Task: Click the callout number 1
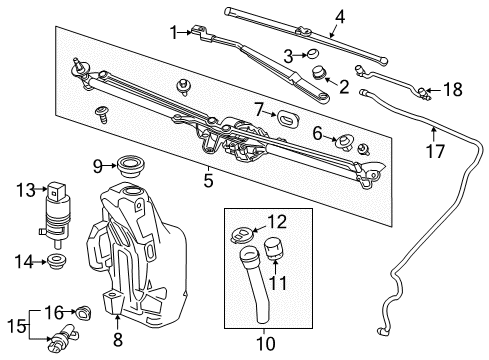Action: [173, 32]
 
